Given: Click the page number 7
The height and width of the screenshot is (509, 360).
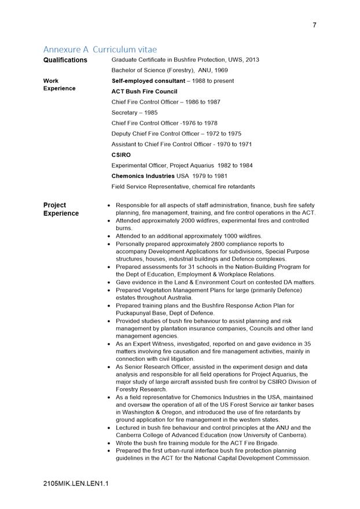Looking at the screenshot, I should click(314, 25).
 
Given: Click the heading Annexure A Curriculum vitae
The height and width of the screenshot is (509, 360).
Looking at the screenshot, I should click(100, 50).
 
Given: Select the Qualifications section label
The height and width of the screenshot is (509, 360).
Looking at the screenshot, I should click(65, 60).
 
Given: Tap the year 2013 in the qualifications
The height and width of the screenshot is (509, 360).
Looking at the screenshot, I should click(252, 60).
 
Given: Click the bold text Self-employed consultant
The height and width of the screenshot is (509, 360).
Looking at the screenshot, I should click(148, 81).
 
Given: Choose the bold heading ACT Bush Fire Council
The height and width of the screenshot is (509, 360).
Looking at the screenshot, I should click(144, 91).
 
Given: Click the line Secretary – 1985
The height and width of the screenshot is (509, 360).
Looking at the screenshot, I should click(134, 113).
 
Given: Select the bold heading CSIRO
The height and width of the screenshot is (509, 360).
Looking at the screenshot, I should click(121, 155).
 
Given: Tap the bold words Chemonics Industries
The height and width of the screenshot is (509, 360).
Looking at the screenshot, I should click(143, 176).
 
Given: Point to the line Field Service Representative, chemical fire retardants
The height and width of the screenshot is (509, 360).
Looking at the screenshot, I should click(183, 186).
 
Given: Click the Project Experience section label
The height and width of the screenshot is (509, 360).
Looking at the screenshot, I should click(61, 209).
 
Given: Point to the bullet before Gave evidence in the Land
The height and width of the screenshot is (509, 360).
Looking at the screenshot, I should click(109, 282).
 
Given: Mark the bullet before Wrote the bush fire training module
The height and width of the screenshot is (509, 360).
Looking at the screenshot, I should click(109, 443).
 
